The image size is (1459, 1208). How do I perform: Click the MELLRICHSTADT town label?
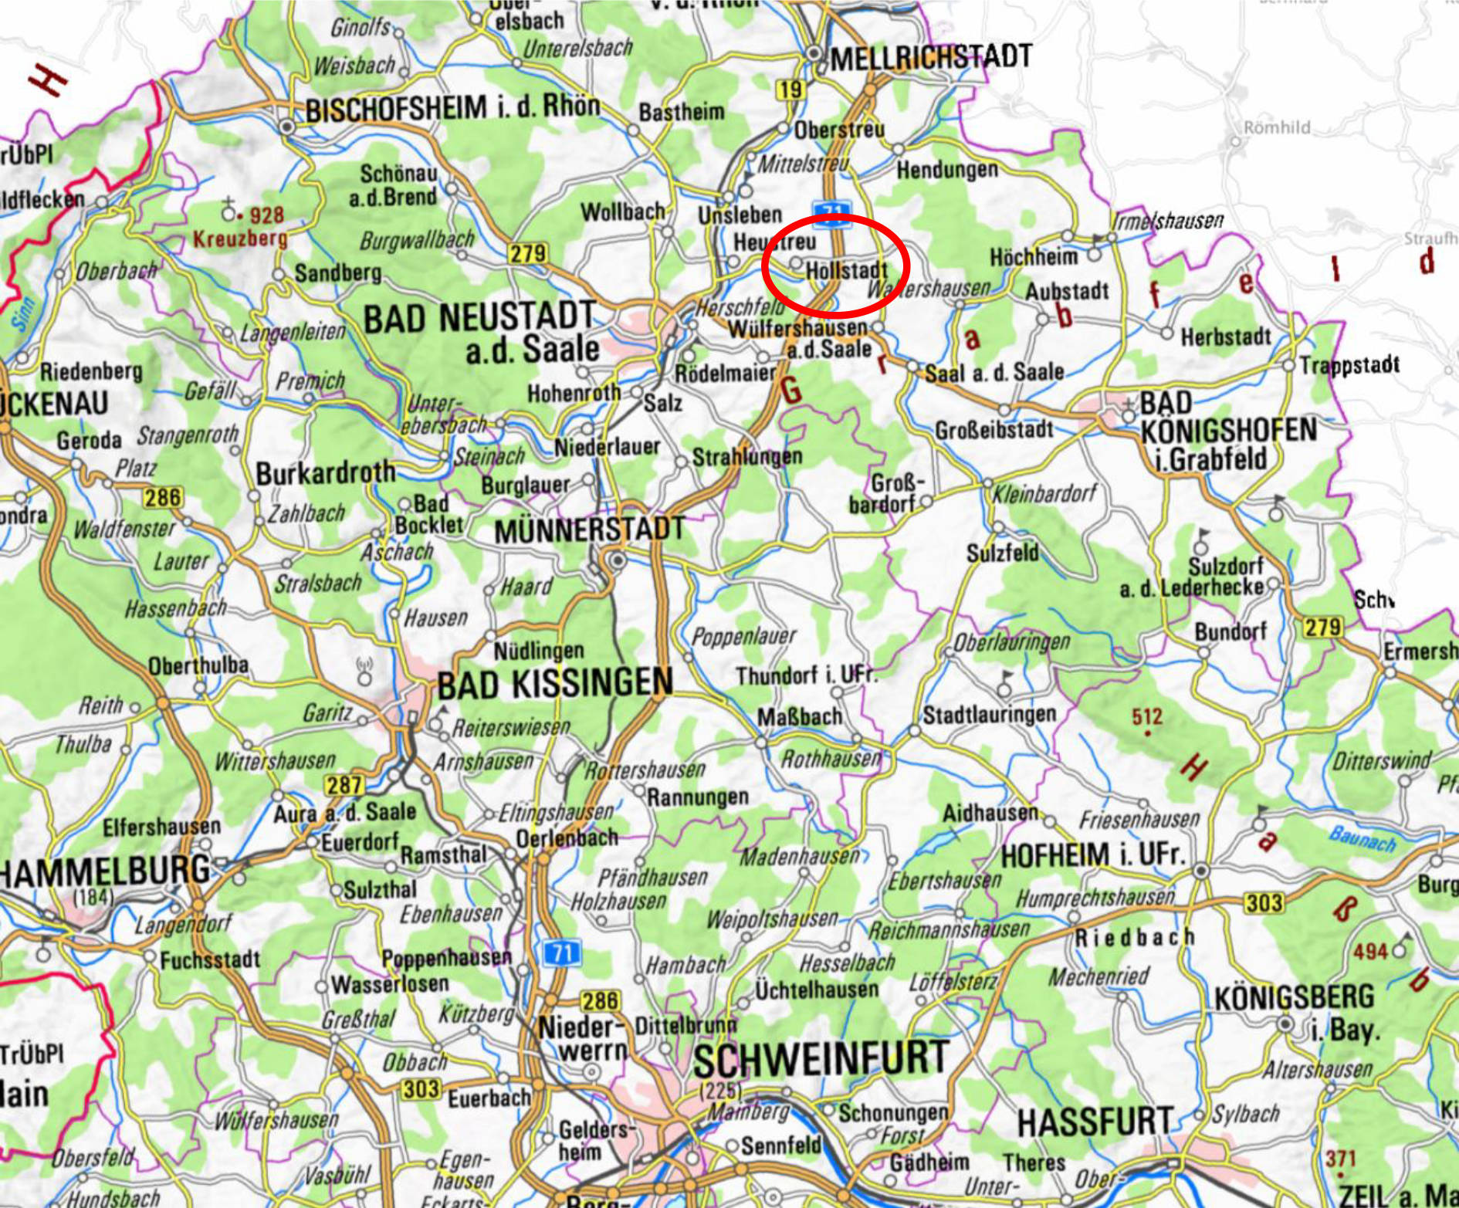(x=930, y=57)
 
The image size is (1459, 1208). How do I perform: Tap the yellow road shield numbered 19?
(x=789, y=90)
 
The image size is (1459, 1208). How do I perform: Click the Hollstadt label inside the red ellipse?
(x=846, y=271)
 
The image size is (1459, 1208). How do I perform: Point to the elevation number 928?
(x=266, y=215)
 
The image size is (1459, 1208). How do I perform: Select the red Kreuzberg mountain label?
(x=239, y=239)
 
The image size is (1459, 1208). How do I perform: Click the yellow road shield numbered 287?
(x=344, y=785)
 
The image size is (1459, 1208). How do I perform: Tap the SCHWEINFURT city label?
(x=821, y=1059)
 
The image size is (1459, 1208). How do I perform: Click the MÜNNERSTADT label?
(x=589, y=530)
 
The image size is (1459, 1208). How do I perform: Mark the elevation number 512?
(x=1147, y=716)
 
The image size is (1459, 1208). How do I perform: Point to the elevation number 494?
(x=1370, y=951)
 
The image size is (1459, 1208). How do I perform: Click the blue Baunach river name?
(x=1363, y=838)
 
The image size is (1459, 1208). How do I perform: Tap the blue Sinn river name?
(x=23, y=313)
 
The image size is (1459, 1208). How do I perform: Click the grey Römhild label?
(x=1276, y=127)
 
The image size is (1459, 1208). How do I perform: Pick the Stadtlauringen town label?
(x=989, y=714)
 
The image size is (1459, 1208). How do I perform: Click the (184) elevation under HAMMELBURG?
(x=93, y=897)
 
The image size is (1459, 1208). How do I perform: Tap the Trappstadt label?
(x=1349, y=364)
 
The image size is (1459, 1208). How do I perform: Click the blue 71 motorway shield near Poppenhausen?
(x=561, y=953)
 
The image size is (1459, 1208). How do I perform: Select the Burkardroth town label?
(x=325, y=472)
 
